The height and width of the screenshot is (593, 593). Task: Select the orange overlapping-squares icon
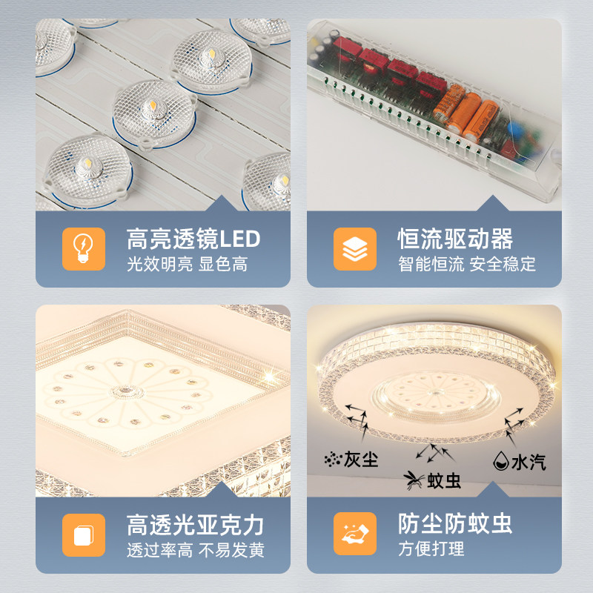[84, 534]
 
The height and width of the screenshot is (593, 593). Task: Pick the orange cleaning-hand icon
[355, 534]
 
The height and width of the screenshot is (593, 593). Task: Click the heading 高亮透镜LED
[194, 239]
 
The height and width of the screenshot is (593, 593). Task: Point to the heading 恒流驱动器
[455, 239]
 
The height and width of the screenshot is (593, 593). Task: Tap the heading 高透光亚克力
[195, 525]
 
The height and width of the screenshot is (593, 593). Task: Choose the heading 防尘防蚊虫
[455, 525]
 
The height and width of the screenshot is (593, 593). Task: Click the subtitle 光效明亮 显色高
[187, 264]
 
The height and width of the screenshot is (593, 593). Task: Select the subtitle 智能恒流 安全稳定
[466, 264]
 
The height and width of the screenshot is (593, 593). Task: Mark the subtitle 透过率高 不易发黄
[195, 550]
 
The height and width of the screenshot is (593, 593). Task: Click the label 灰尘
[361, 460]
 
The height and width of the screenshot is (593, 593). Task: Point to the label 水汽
[529, 462]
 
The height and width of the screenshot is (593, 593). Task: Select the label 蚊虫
[444, 481]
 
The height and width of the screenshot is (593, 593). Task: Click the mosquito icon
[412, 480]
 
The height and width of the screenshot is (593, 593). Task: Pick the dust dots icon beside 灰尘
[331, 460]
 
